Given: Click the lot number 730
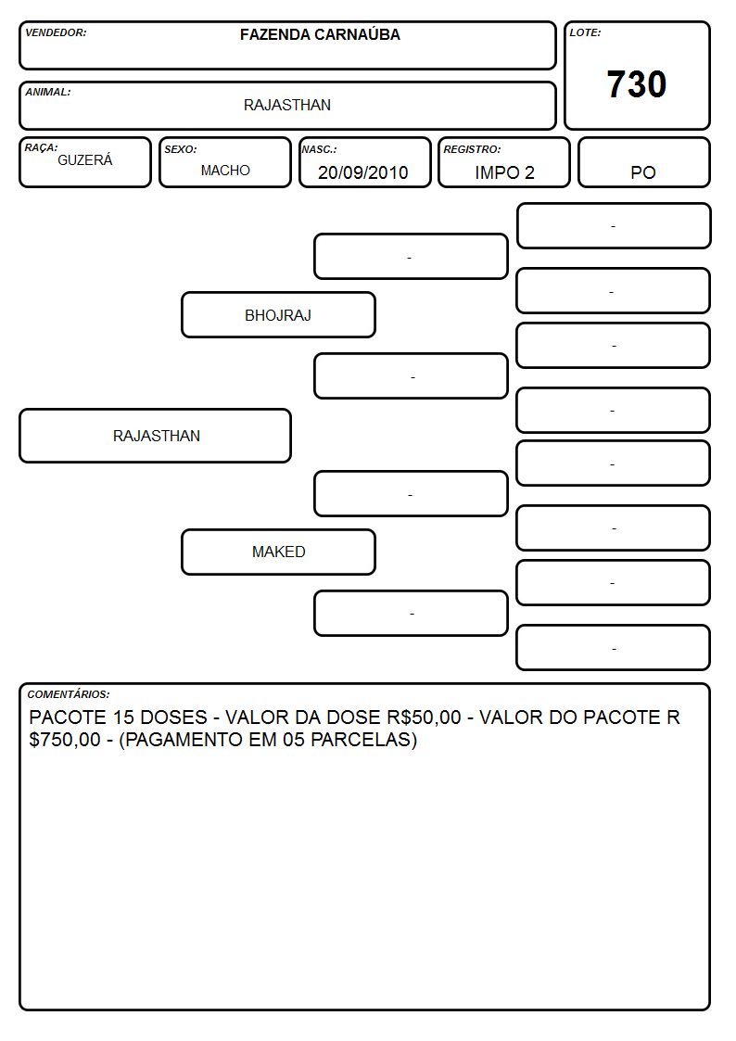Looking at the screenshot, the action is (x=637, y=84).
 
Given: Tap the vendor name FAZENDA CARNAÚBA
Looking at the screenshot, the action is (x=320, y=34).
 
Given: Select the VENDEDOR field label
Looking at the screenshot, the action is (x=56, y=32).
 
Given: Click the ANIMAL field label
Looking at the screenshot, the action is (x=48, y=93).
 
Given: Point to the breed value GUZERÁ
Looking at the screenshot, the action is (x=85, y=159).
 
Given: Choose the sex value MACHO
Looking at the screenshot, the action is (x=225, y=171).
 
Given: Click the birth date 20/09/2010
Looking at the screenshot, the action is (x=363, y=172).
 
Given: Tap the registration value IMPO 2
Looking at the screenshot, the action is (x=504, y=172).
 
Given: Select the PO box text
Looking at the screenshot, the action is (x=643, y=172).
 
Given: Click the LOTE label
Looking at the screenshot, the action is (x=585, y=32).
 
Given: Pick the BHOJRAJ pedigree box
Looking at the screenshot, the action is (x=278, y=315).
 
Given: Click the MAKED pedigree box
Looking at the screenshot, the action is (x=278, y=552).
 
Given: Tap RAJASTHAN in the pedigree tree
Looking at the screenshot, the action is (x=157, y=436).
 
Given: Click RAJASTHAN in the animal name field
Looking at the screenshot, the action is (x=287, y=105).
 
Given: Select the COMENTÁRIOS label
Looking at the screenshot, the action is (x=69, y=694).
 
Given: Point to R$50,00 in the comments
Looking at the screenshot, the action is (x=424, y=717).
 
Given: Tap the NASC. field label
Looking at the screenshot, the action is (x=319, y=150).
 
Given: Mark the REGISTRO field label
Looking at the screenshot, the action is (x=472, y=150).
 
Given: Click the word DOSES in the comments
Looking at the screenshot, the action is (x=174, y=717).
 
